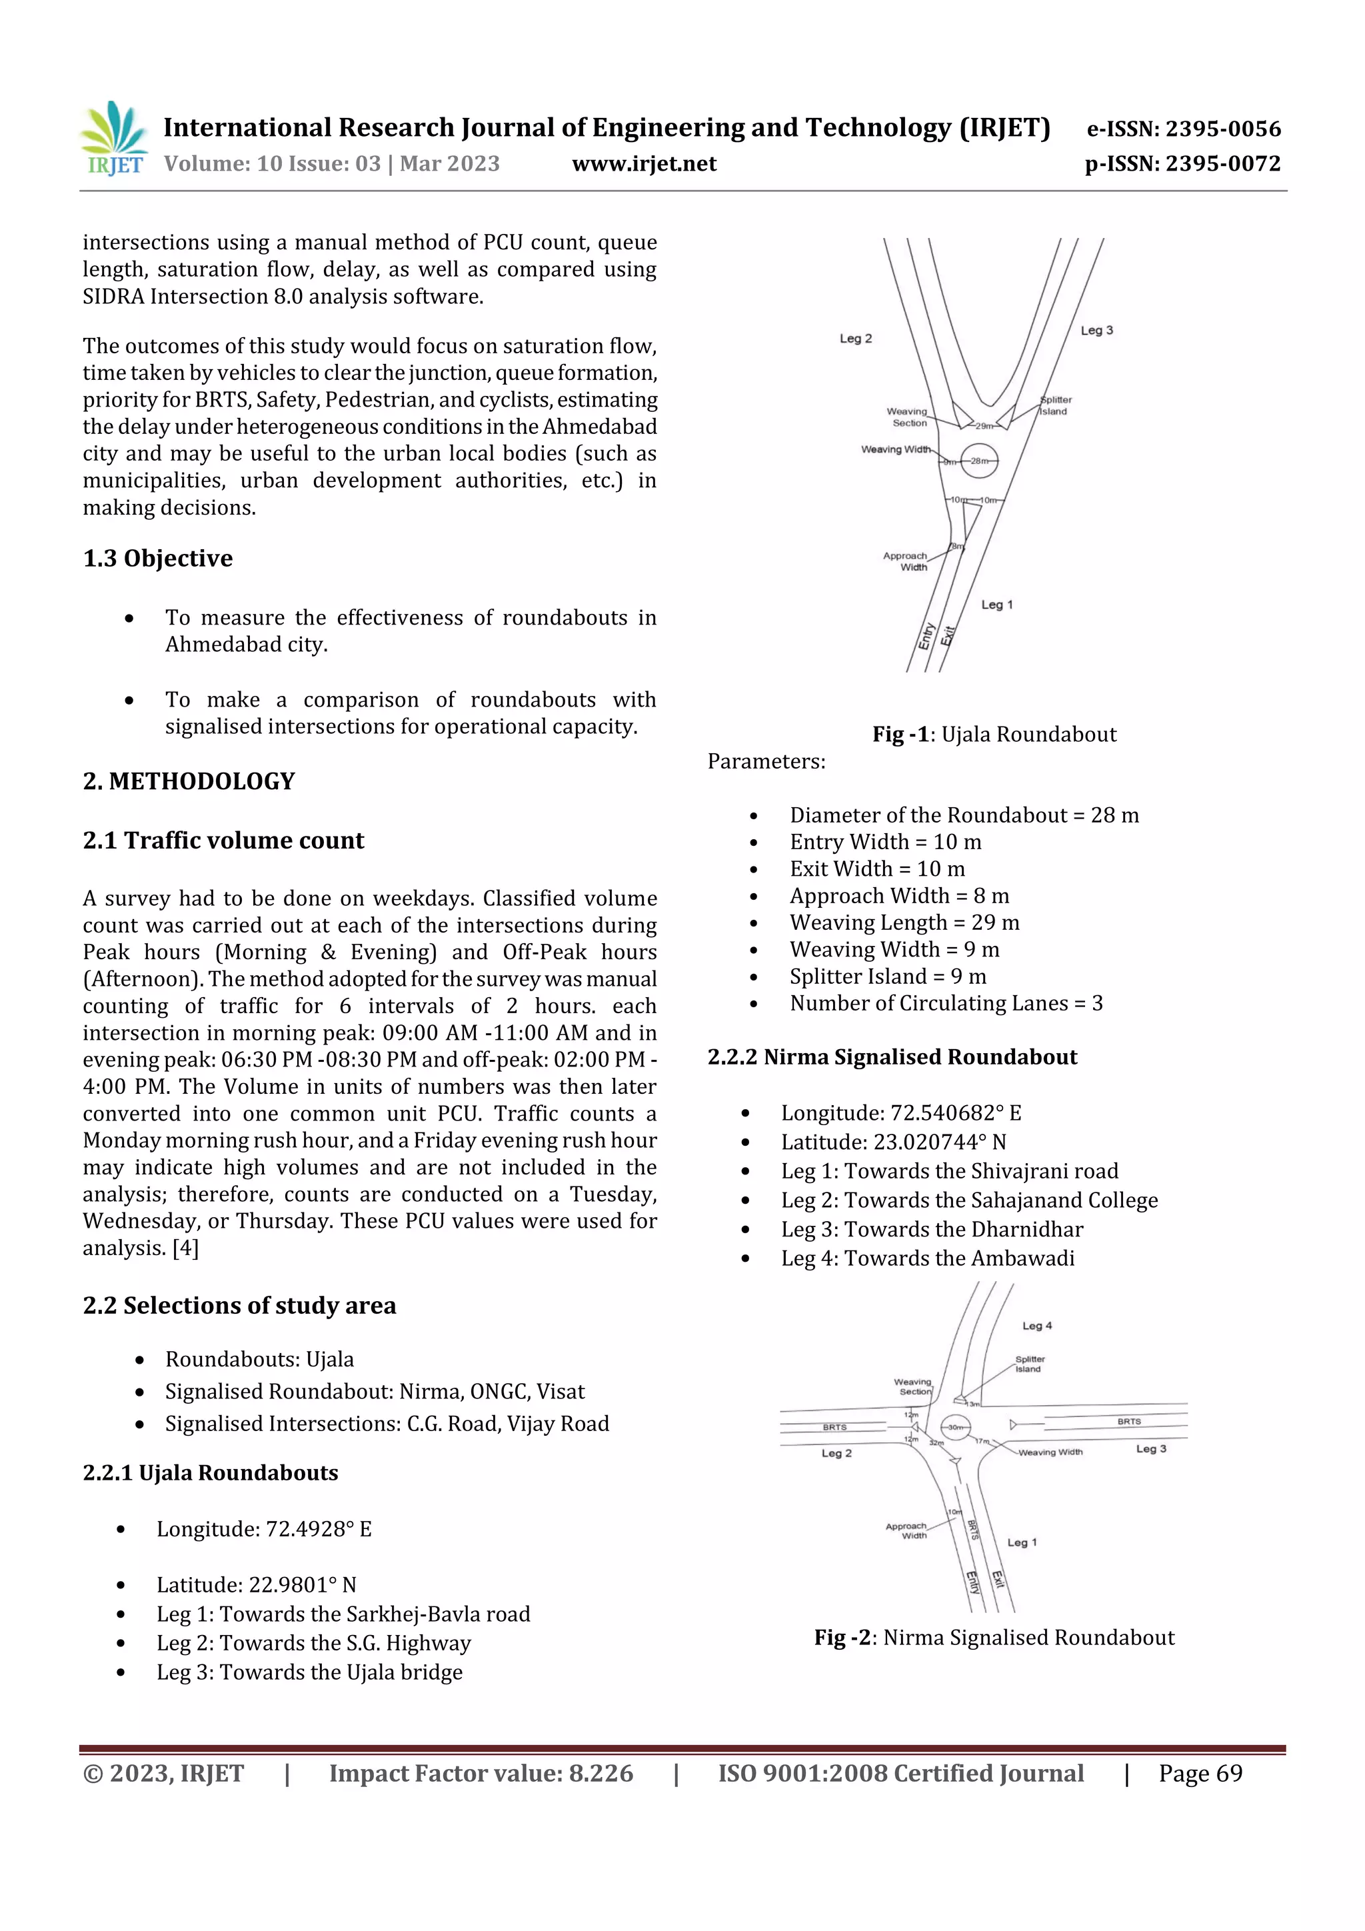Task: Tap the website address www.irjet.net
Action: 645,164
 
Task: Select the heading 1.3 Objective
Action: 158,559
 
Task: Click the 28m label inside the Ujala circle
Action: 980,461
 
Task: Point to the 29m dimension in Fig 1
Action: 984,427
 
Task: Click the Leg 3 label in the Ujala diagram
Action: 1096,331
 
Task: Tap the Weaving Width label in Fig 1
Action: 896,449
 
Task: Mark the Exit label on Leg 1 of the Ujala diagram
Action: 948,636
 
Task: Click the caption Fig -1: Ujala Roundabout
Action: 994,735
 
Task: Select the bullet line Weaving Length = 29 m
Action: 904,923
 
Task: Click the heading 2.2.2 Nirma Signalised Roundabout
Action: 892,1057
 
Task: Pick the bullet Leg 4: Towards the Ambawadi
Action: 928,1258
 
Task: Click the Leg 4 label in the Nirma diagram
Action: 1037,1326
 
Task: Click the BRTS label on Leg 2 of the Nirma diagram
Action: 834,1427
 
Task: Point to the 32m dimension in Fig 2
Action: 936,1443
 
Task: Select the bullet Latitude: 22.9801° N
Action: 257,1585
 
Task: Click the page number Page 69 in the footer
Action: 1200,1774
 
